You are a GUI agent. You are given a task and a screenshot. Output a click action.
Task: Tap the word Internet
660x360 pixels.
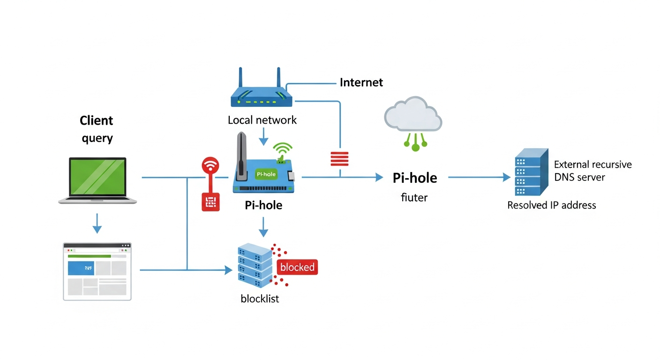[361, 82]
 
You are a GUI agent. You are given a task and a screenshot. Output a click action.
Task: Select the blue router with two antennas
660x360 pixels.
[261, 94]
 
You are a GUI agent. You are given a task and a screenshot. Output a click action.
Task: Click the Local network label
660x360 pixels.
[262, 120]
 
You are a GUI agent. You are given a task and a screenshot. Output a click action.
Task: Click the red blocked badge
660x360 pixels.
[297, 267]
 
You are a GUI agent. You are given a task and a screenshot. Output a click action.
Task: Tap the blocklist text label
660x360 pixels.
[260, 299]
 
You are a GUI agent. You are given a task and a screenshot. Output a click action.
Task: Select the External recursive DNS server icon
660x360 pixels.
[531, 172]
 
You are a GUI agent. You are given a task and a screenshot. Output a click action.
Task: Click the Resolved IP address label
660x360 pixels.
[551, 205]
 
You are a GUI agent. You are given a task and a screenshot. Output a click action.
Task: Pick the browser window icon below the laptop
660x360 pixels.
[97, 271]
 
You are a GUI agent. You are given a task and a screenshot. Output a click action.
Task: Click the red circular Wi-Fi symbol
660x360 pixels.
[210, 166]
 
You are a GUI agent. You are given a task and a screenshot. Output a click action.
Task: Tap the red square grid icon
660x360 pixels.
[210, 202]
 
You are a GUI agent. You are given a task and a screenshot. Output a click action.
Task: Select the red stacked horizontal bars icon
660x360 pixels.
[339, 159]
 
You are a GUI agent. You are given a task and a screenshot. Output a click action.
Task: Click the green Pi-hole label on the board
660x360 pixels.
[266, 174]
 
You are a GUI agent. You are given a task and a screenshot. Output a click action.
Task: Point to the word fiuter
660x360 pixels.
[414, 197]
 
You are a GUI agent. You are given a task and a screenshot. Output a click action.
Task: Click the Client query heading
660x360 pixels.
[97, 129]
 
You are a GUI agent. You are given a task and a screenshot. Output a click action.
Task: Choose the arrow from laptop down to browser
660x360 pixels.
[97, 223]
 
